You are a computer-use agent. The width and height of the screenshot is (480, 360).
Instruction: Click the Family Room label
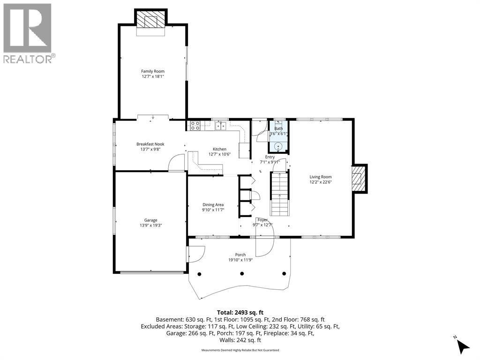[x=153, y=71]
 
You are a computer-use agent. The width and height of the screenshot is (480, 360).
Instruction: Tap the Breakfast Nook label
[x=150, y=144]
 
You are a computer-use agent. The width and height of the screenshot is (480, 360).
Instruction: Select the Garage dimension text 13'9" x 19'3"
[x=150, y=225]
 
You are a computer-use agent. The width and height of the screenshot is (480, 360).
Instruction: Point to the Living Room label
[x=321, y=177]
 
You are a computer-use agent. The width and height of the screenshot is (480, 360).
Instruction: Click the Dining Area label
[x=213, y=205]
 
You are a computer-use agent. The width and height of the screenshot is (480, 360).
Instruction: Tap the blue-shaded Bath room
[x=278, y=136]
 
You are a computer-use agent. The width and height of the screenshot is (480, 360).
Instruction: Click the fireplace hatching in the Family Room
[x=151, y=20]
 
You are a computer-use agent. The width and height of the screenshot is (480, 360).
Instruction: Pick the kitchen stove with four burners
[x=195, y=126]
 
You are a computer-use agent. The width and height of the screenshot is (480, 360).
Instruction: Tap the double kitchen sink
[x=220, y=126]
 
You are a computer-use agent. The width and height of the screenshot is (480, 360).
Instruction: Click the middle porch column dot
[x=242, y=274]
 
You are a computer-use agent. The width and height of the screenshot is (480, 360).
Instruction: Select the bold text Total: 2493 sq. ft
[x=240, y=313]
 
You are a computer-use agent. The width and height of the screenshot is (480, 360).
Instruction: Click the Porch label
[x=240, y=255]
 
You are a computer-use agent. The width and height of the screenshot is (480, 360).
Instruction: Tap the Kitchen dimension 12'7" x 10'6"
[x=219, y=154]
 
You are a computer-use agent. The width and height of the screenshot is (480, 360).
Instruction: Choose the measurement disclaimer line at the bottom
[x=240, y=350]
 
